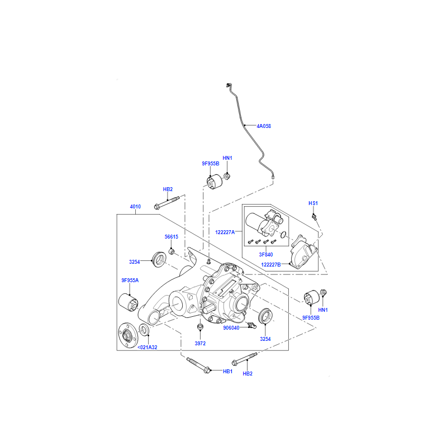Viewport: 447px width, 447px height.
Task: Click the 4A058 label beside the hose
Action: [x=264, y=126]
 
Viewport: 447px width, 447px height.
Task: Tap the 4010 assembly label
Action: [x=135, y=207]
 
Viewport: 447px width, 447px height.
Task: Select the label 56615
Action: [x=172, y=236]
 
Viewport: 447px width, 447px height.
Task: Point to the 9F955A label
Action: [x=130, y=280]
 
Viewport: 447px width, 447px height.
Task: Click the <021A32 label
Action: [x=148, y=347]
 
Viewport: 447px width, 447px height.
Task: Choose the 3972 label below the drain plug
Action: [x=200, y=344]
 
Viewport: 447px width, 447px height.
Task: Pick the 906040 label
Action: [x=231, y=328]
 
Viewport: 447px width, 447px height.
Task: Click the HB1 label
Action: [x=228, y=372]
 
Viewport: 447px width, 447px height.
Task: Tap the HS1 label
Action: [x=313, y=203]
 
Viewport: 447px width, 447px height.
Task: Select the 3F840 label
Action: [x=266, y=255]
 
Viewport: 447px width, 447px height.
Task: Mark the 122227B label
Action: [x=271, y=264]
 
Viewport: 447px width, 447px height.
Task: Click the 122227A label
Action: [x=225, y=232]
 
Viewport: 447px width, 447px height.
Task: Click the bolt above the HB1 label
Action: [x=199, y=365]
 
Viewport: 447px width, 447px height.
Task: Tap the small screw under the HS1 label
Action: [x=315, y=217]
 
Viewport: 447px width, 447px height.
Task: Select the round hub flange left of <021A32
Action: [x=128, y=335]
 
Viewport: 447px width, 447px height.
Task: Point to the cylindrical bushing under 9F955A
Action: [x=129, y=302]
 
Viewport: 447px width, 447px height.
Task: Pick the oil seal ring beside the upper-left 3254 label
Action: [x=160, y=259]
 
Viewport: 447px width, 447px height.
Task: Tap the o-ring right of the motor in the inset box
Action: [x=283, y=235]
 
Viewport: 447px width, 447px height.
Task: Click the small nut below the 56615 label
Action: [x=172, y=252]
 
